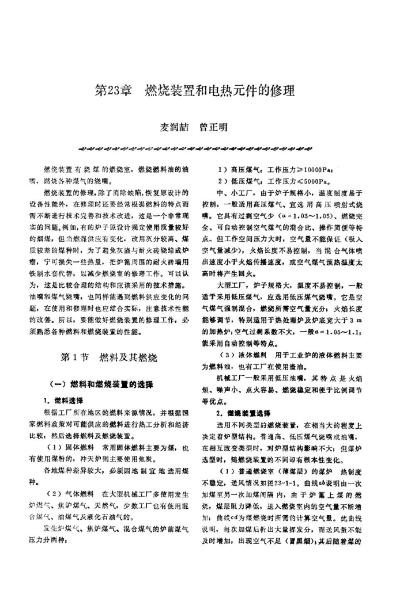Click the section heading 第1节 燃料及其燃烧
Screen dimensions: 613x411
tap(108, 357)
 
